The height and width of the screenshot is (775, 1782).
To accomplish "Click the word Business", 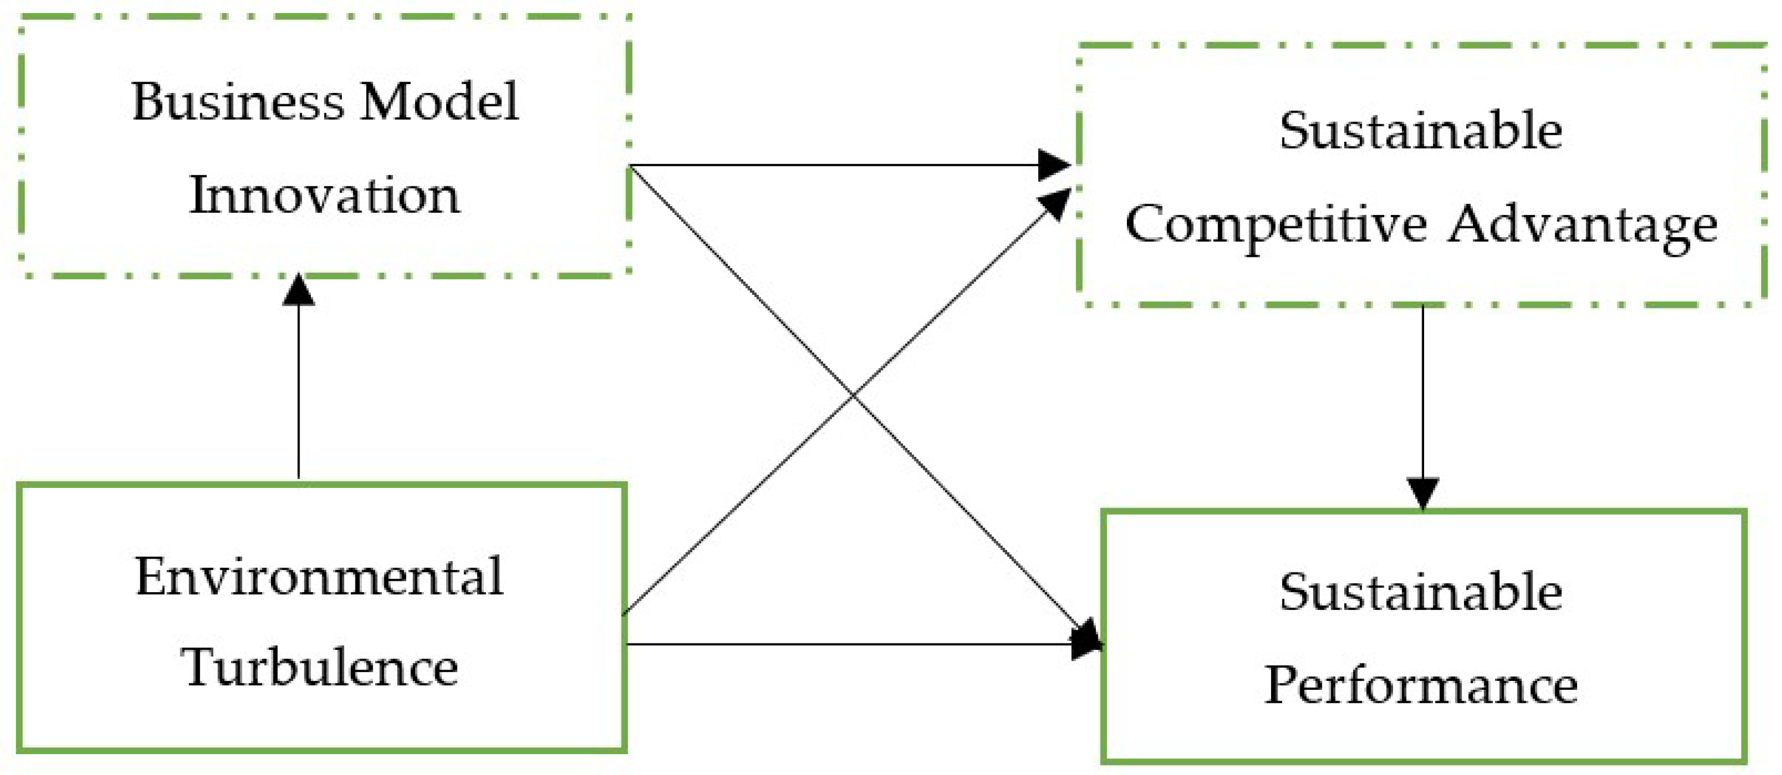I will (x=237, y=102).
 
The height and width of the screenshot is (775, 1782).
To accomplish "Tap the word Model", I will (x=440, y=102).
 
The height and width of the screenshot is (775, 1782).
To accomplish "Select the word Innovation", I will (x=324, y=195).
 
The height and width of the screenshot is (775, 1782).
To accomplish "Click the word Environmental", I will (x=319, y=577).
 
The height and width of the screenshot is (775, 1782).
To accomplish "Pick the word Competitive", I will (x=1276, y=225).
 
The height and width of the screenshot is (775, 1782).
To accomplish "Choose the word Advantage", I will (x=1582, y=225).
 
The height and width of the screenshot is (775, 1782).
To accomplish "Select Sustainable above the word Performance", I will (x=1421, y=592).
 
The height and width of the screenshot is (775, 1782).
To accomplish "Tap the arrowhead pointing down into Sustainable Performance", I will (x=1423, y=493).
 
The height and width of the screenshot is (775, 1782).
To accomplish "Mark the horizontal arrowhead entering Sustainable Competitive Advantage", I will (x=1054, y=166).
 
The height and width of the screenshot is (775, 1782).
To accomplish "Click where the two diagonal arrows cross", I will (x=853, y=395).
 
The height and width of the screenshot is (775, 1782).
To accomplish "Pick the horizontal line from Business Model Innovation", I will (x=830, y=166).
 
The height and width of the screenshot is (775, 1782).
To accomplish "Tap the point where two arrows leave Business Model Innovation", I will (x=631, y=166).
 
